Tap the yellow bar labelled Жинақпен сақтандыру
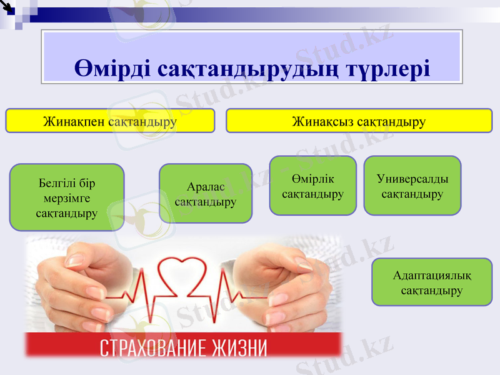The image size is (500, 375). tap(110, 121)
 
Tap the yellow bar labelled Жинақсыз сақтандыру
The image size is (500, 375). tap(359, 121)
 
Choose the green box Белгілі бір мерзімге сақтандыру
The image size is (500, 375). tap(67, 197)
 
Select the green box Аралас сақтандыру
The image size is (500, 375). tap(206, 194)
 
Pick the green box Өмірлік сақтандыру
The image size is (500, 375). tap(312, 186)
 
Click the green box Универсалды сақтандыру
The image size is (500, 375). tap(412, 186)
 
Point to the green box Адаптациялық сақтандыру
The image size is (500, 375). tap(432, 282)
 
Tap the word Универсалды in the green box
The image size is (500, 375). tap(412, 179)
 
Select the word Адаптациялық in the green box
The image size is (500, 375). tap(432, 276)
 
